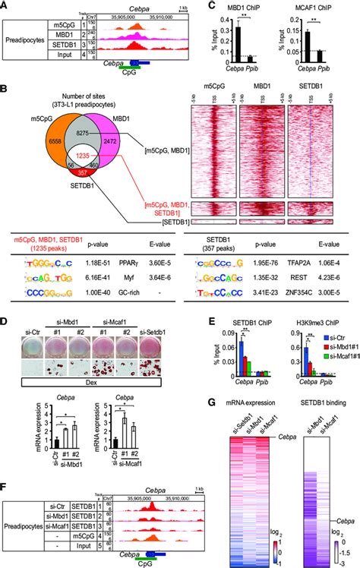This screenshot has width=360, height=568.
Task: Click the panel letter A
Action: coord(5,5)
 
